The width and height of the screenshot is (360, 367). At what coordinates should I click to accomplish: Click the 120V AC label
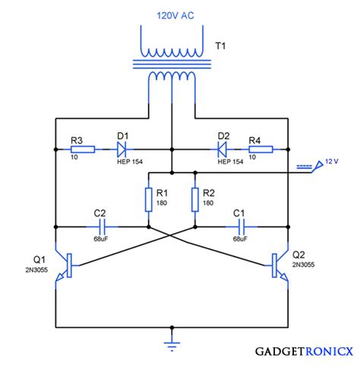pyautogui.click(x=175, y=16)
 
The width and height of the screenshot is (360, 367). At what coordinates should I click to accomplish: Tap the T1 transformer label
pyautogui.click(x=220, y=46)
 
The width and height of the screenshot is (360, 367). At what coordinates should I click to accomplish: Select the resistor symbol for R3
pyautogui.click(x=83, y=150)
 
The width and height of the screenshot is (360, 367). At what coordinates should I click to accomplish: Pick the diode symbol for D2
pyautogui.click(x=223, y=150)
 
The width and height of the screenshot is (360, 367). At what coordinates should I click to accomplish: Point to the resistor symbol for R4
pyautogui.click(x=261, y=150)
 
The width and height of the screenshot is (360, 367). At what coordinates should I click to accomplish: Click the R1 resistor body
pyautogui.click(x=149, y=200)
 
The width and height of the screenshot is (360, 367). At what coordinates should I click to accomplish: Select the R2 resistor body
pyautogui.click(x=195, y=200)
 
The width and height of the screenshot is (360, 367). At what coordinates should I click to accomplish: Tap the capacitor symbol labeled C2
pyautogui.click(x=103, y=227)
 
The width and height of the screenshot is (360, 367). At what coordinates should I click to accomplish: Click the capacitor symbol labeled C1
pyautogui.click(x=242, y=227)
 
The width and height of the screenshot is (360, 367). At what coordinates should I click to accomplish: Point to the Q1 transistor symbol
pyautogui.click(x=64, y=265)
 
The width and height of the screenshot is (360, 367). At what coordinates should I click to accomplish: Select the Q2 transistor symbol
pyautogui.click(x=279, y=265)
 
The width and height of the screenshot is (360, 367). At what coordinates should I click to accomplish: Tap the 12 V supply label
pyautogui.click(x=332, y=161)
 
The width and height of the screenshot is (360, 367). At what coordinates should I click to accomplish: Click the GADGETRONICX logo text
pyautogui.click(x=304, y=352)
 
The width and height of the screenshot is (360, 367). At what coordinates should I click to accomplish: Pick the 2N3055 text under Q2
pyautogui.click(x=303, y=264)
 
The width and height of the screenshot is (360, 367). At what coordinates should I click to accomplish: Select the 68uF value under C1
pyautogui.click(x=240, y=239)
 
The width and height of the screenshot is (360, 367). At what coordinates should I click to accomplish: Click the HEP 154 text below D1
pyautogui.click(x=130, y=162)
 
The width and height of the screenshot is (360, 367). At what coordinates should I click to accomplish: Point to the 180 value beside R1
pyautogui.click(x=162, y=203)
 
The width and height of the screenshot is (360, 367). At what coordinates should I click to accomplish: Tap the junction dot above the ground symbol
pyautogui.click(x=172, y=327)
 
